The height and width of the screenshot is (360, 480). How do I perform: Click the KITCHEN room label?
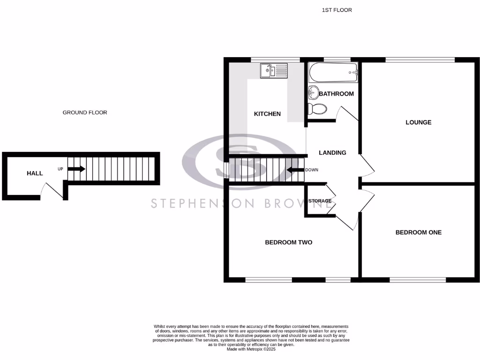pos(267,114)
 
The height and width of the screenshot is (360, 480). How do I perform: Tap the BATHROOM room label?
pos(336,94)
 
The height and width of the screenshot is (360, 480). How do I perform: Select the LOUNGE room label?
pos(418,122)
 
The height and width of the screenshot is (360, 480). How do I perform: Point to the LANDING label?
pos(332,153)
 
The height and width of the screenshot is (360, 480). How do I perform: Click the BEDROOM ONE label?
pos(418,232)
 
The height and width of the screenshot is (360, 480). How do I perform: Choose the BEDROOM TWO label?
pos(288,242)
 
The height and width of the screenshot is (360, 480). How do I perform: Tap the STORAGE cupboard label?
pos(320,201)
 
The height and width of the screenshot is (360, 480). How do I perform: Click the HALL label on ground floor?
pos(35,173)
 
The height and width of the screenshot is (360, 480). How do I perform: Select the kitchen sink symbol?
pos(274,71)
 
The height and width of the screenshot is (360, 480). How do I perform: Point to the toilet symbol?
pos(317,110)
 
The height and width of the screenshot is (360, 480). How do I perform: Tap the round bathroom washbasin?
pos(313,92)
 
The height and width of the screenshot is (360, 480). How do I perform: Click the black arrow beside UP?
pos(76,169)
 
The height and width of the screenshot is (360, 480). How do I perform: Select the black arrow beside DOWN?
pos(295,170)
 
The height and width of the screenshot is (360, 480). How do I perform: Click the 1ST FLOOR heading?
pos(337,10)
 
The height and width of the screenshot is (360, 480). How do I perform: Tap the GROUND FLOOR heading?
pos(85,112)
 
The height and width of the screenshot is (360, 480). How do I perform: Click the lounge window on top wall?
pos(420,60)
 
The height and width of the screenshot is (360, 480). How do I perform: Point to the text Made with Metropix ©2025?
pos(252,349)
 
